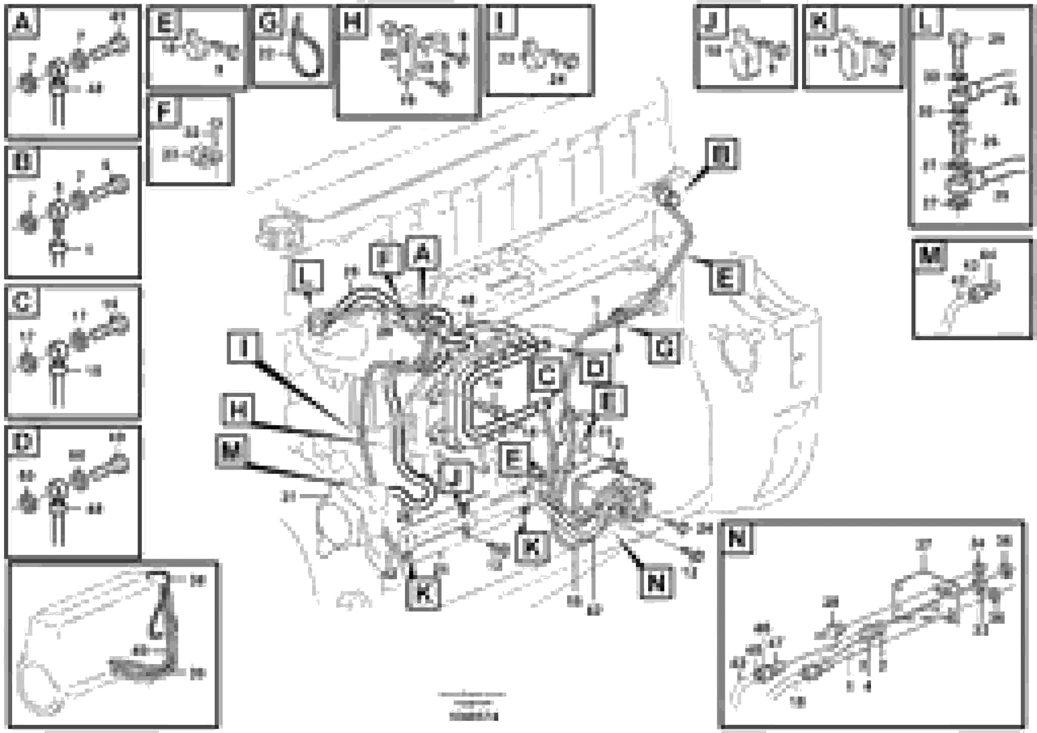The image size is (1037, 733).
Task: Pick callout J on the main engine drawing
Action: (457, 477)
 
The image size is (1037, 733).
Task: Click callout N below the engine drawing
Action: (656, 583)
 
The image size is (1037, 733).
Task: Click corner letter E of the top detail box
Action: (164, 22)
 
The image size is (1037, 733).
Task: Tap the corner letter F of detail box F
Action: (164, 111)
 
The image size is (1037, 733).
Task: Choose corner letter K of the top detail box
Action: (819, 20)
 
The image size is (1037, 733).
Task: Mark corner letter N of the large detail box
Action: (737, 538)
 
